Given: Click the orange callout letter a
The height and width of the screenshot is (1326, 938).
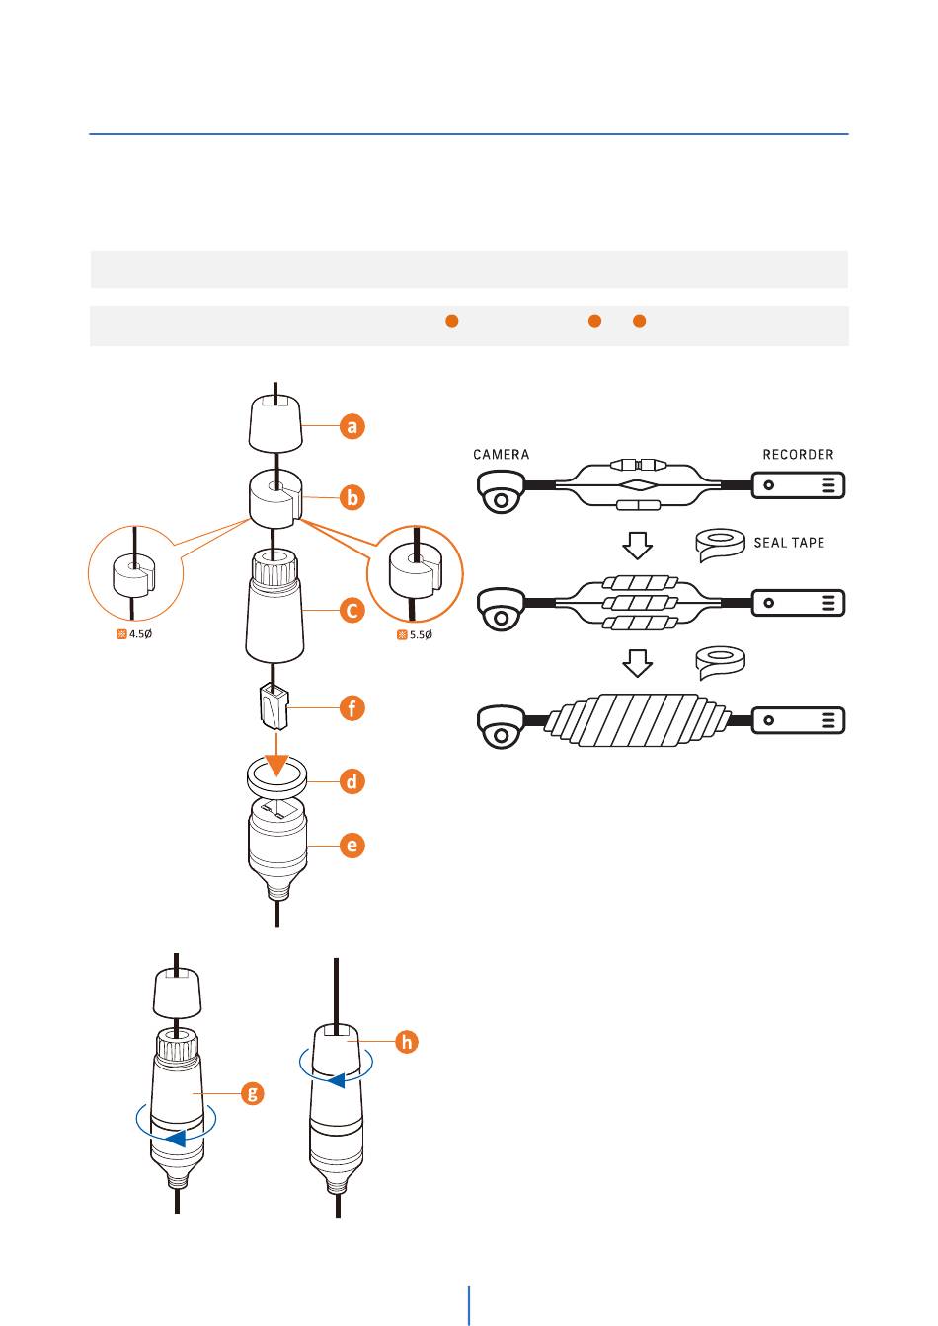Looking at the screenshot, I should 352,427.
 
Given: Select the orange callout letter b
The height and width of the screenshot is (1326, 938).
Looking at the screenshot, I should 352,498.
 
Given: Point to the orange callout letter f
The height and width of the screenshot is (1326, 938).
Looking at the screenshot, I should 352,708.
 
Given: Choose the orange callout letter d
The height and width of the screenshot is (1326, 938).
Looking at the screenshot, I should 352,781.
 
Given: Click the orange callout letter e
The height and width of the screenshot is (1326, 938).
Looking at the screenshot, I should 352,846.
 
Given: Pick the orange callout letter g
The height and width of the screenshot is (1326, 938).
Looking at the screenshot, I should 254,1092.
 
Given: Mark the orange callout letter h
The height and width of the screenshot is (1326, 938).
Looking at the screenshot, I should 405,1041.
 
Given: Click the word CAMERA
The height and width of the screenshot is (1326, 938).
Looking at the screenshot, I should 501,455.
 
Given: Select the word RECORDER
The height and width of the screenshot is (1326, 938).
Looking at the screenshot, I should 798,455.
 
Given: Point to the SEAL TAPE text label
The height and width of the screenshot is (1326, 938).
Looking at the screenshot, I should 789,543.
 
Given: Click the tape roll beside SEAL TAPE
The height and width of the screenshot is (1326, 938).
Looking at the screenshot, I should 719,543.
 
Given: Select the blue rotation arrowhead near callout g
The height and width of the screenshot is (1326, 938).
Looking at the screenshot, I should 174,1139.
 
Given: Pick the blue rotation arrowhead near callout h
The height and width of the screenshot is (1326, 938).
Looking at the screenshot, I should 337,1080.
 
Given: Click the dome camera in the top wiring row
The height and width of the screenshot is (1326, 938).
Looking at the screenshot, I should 502,489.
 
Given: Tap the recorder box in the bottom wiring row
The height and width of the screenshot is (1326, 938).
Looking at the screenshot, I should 799,719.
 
